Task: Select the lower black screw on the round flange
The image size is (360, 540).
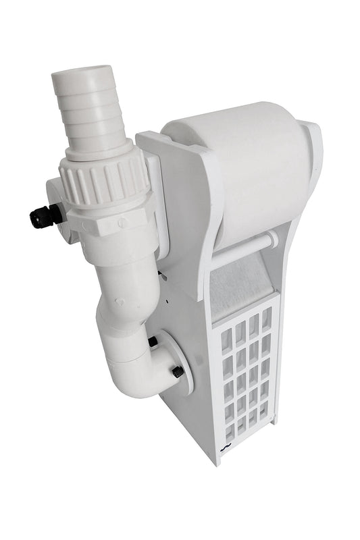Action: coord(178,372)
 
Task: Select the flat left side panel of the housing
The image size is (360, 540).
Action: coord(192,405)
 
